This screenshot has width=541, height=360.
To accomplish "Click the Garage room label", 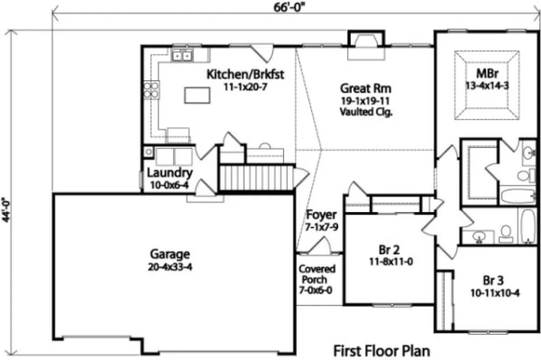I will [170, 254].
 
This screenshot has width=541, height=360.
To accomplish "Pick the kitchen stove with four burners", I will [151, 89].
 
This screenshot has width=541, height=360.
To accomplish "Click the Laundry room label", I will [170, 173].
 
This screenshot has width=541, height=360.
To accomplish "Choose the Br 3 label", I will [493, 281].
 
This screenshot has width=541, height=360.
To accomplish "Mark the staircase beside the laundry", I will [255, 177].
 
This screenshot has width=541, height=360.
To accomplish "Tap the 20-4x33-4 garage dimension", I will [170, 266].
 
